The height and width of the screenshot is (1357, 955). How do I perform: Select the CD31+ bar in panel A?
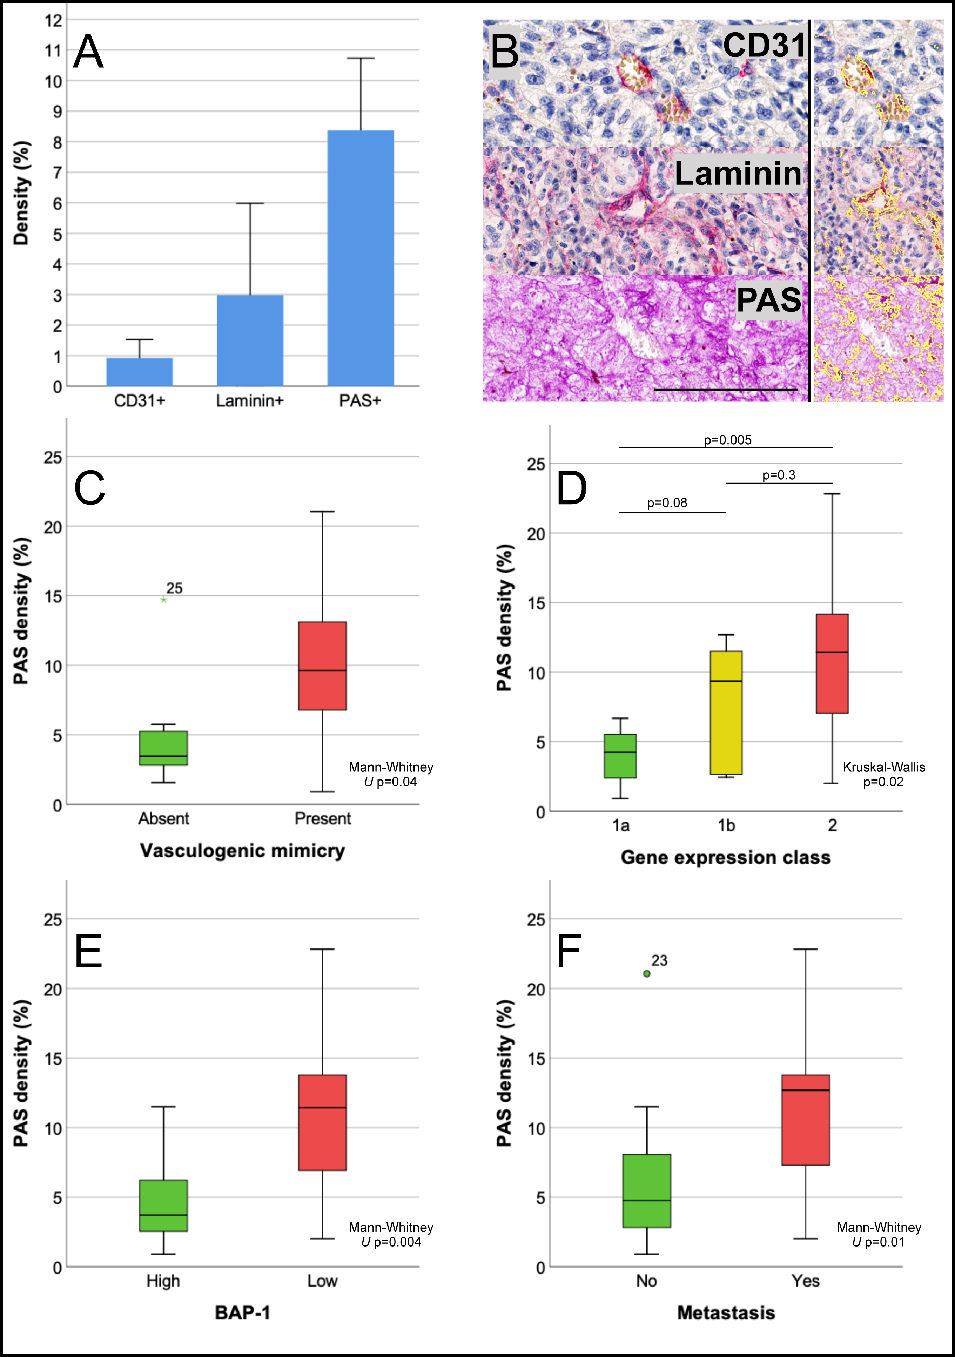[x=140, y=372]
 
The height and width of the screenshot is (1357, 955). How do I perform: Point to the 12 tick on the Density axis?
[x=53, y=20]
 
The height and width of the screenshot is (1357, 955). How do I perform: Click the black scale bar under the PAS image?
[x=725, y=390]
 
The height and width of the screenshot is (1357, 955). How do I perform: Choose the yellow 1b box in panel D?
[x=726, y=712]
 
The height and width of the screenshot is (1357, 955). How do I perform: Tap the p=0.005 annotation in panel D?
[x=727, y=440]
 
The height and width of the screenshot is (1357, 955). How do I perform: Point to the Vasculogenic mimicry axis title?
[x=242, y=850]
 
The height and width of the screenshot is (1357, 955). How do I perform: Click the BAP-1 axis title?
[x=242, y=1313]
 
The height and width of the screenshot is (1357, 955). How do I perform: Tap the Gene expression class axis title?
[x=725, y=857]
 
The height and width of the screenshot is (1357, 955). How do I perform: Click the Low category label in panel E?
[x=322, y=1281]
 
